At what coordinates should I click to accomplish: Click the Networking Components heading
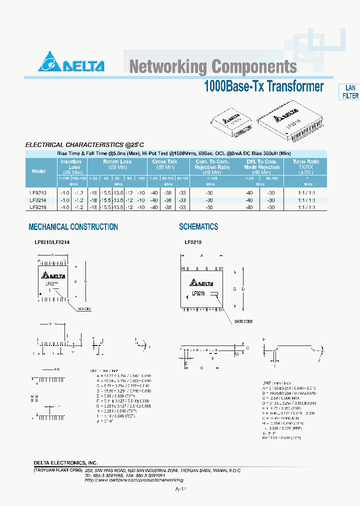(213, 66)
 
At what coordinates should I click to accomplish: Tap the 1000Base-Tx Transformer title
(263, 86)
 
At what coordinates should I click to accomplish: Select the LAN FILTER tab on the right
(350, 92)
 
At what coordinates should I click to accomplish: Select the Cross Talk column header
(165, 164)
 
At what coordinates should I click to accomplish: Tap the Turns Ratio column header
(305, 164)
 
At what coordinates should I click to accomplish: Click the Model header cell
(38, 171)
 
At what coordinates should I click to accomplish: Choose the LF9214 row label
(38, 200)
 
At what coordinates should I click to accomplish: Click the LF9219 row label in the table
(38, 207)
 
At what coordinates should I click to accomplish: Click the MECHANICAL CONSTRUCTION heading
(73, 227)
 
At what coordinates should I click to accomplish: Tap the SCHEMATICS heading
(198, 227)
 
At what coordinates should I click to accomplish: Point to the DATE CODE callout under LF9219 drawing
(244, 321)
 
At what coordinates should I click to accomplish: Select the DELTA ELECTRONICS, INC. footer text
(65, 463)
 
